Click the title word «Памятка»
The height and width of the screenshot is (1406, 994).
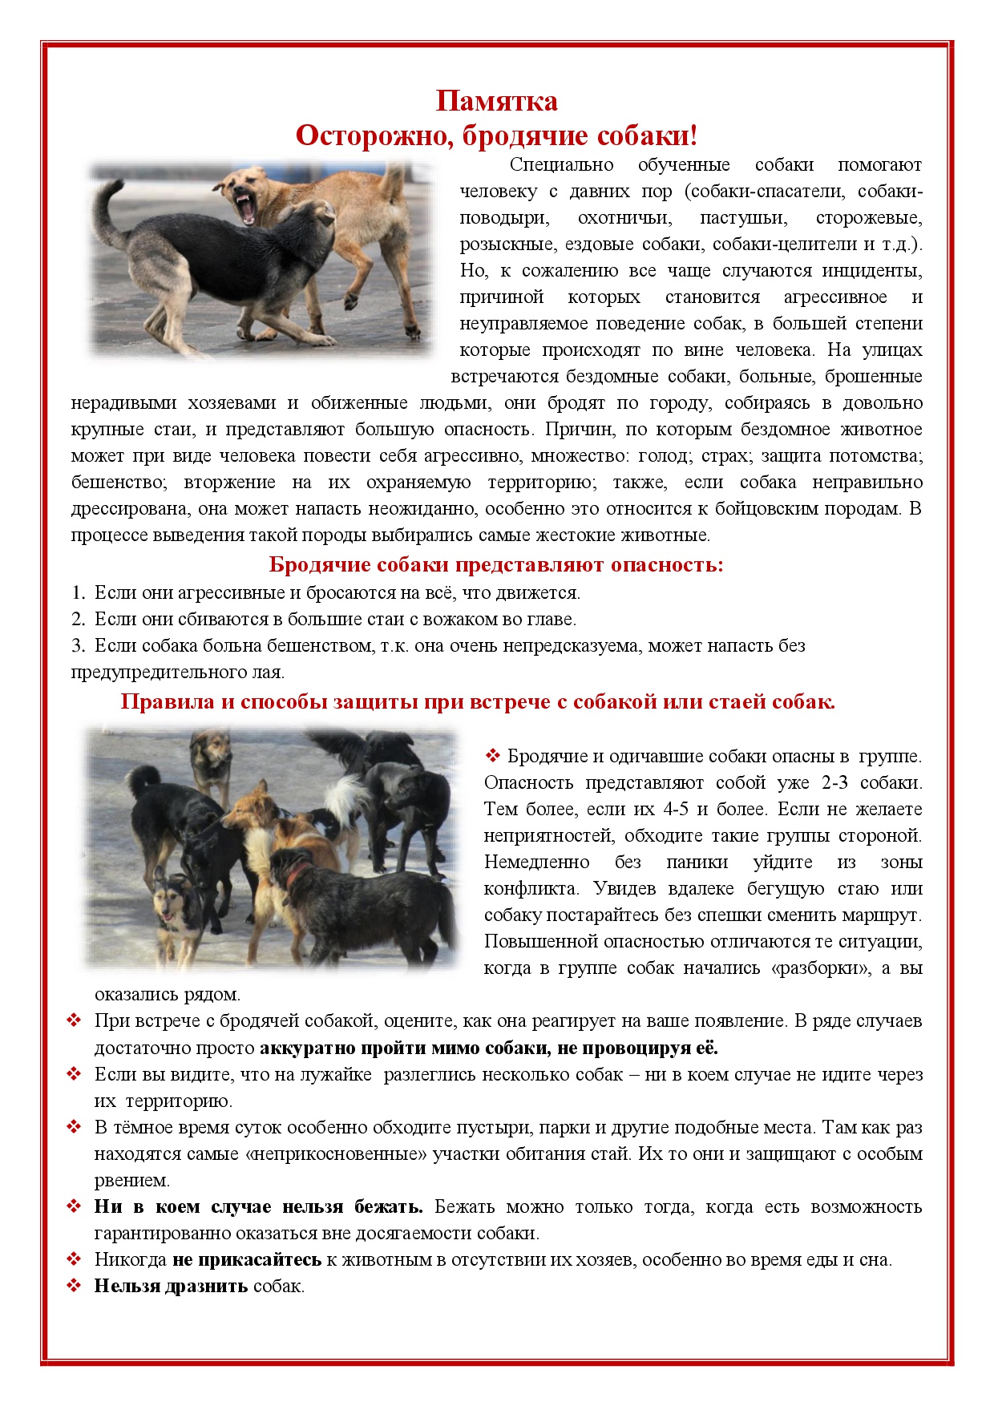496,101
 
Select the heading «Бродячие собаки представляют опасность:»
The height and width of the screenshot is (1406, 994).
496,565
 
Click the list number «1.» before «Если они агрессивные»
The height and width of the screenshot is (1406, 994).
78,593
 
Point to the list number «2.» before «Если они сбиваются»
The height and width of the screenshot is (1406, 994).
78,620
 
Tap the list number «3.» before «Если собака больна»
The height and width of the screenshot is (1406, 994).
78,646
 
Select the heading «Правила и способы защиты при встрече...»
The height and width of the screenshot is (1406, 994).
478,702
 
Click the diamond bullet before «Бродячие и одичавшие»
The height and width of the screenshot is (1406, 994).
492,755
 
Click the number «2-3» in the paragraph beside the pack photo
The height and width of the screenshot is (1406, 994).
834,783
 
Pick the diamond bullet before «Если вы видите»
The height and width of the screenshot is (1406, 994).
75,1074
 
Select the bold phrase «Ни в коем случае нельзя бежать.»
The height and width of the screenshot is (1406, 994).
258,1207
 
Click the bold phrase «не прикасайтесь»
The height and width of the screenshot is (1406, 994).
247,1260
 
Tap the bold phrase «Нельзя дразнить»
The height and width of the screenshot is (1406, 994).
171,1287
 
